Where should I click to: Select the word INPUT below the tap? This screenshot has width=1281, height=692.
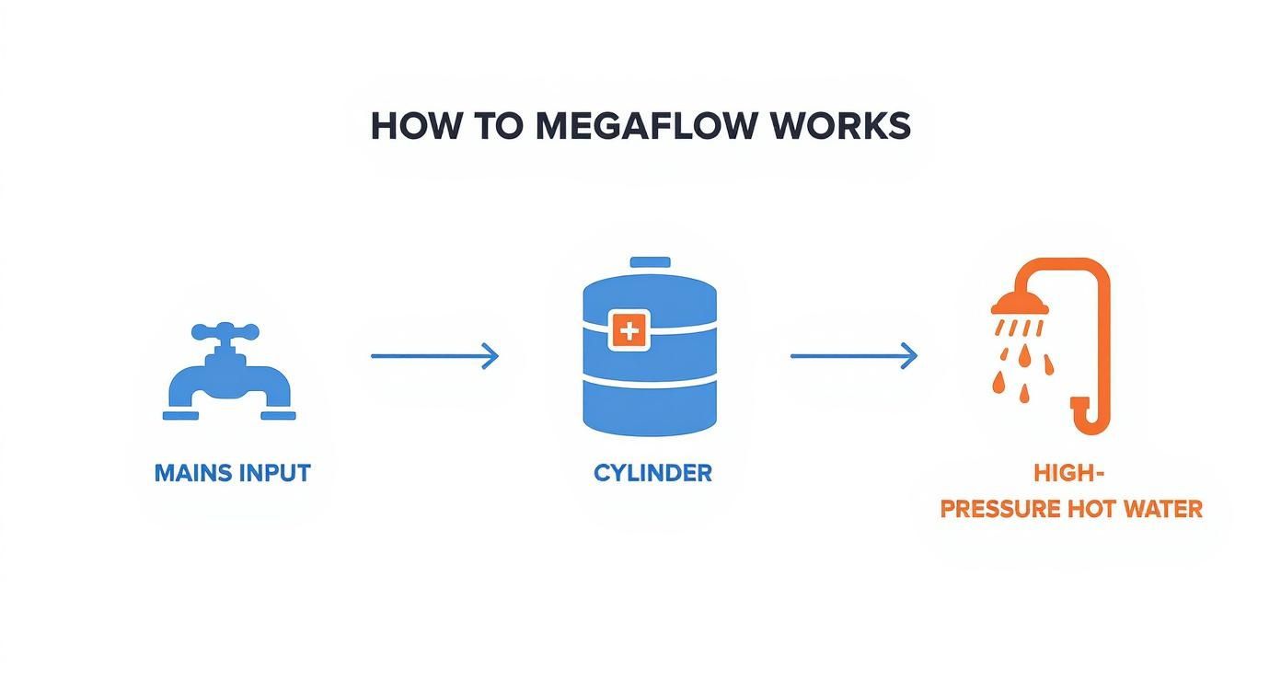click(x=274, y=473)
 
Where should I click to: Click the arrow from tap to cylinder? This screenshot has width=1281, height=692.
click(x=433, y=356)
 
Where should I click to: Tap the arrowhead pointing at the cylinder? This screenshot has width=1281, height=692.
click(x=491, y=356)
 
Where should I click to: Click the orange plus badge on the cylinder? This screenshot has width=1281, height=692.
click(x=629, y=329)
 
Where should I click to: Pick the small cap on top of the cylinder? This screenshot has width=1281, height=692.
click(x=650, y=263)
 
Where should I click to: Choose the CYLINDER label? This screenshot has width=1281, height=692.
click(x=652, y=473)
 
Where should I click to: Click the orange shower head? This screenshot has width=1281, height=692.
click(x=1020, y=303)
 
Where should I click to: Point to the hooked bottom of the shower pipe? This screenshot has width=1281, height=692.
click(x=1087, y=419)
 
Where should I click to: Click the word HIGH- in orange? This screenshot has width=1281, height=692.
click(x=1068, y=473)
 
